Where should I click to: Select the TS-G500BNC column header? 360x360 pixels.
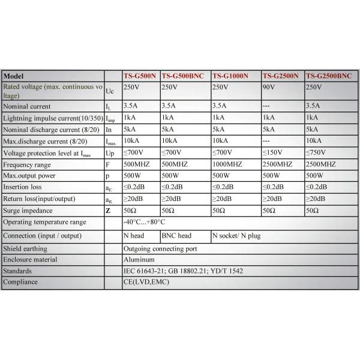pyautogui.click(x=182, y=76)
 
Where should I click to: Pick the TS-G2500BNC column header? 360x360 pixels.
pyautogui.click(x=329, y=76)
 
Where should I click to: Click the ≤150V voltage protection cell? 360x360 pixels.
pyautogui.click(x=273, y=153)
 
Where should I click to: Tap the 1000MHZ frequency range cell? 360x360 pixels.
pyautogui.click(x=227, y=164)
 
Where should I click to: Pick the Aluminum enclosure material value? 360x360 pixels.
pyautogui.click(x=139, y=260)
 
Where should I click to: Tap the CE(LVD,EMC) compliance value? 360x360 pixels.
pyautogui.click(x=146, y=283)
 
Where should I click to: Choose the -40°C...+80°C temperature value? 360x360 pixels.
pyautogui.click(x=144, y=222)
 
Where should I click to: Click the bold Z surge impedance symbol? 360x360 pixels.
pyautogui.click(x=108, y=211)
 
